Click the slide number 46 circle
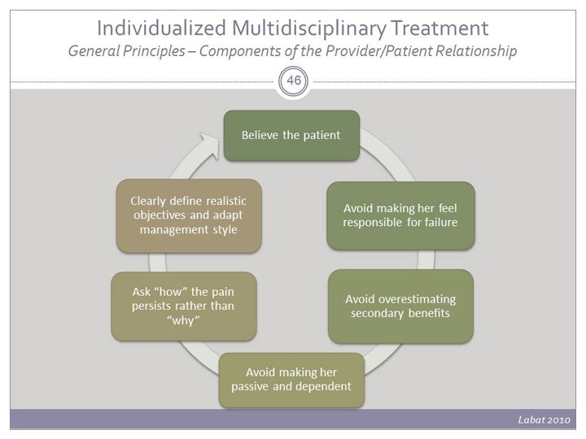(x=293, y=82)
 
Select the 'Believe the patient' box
(x=291, y=134)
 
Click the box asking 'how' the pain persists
(x=184, y=306)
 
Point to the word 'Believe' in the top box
(x=261, y=134)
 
